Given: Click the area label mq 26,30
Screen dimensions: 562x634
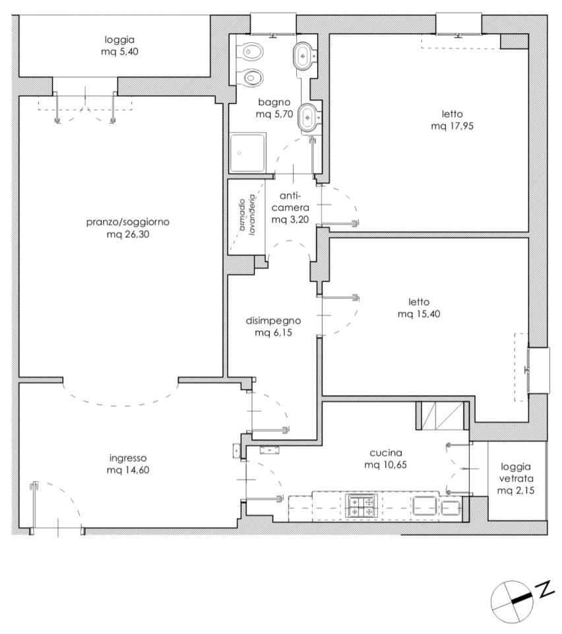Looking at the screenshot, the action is click(x=128, y=234).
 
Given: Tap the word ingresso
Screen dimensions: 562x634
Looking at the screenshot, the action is click(x=128, y=458).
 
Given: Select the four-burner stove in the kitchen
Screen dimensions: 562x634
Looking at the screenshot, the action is click(x=361, y=505).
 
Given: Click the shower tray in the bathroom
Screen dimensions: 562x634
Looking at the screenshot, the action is click(x=247, y=153).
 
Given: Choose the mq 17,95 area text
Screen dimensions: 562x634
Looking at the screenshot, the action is click(x=453, y=126).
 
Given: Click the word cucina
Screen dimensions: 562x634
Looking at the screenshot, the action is click(x=386, y=453).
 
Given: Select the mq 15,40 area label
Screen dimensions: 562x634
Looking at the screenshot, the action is click(x=419, y=314).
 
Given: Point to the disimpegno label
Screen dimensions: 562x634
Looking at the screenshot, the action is click(x=273, y=321).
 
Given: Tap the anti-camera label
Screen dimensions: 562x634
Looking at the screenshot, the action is click(x=290, y=202).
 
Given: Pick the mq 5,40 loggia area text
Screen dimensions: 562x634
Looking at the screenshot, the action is click(x=119, y=52).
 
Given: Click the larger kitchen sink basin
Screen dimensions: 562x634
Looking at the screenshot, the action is click(x=424, y=505).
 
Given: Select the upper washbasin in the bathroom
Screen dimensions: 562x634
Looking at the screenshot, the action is click(x=302, y=55).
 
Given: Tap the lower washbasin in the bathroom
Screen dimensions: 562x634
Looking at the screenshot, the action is click(x=309, y=118).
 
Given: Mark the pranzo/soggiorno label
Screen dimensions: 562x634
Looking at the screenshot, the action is click(x=128, y=222).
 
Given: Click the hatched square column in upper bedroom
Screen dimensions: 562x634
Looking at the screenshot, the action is click(x=515, y=42).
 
